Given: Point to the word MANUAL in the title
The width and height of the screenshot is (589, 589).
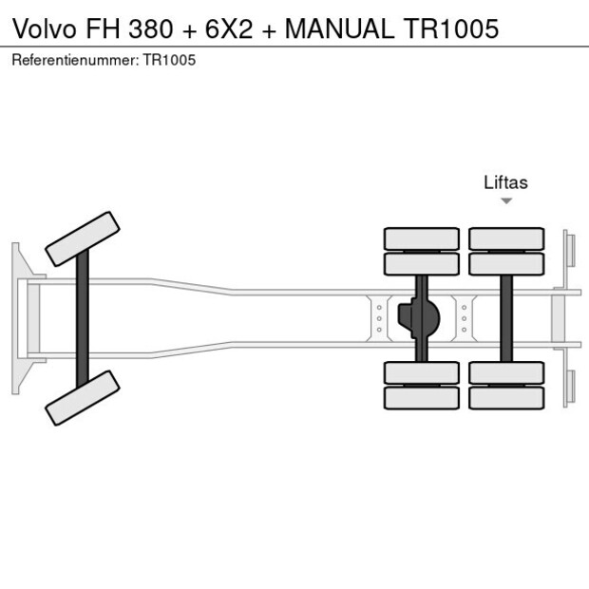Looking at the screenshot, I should click(x=337, y=28).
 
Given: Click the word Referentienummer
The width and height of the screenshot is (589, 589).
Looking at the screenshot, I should click(x=74, y=60).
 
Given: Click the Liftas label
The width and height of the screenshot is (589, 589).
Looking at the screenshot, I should click(x=505, y=183).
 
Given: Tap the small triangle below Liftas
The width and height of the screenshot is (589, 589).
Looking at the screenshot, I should click(x=506, y=200).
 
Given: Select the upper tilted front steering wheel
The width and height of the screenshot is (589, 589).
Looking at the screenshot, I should click(x=84, y=238).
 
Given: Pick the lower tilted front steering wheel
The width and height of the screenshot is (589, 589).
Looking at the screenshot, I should click(x=84, y=397).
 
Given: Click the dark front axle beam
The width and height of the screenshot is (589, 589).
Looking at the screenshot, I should click(x=84, y=317).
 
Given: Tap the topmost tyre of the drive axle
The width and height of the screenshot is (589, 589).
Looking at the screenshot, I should click(x=421, y=238).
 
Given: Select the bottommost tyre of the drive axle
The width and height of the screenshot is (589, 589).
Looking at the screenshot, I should click(x=421, y=398).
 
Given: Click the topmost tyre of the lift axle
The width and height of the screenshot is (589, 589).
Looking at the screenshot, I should click(x=506, y=238).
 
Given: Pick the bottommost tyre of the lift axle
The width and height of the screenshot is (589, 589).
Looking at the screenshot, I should click(x=506, y=398).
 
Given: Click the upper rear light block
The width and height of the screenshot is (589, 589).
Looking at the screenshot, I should click(x=568, y=250).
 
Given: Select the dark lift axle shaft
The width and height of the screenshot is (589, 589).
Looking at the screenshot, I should click(x=506, y=318).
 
